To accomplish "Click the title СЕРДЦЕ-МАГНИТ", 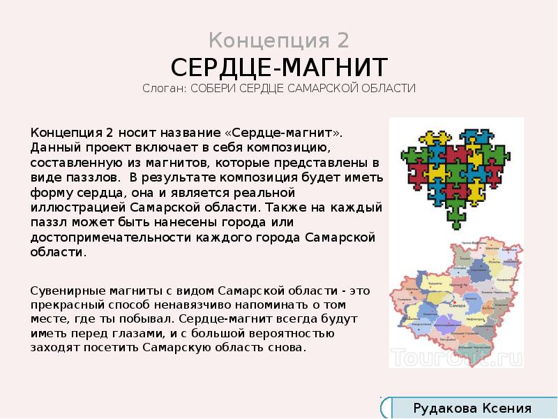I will [279, 68].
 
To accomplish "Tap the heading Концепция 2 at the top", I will [279, 39].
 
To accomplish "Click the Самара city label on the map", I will [458, 305].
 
